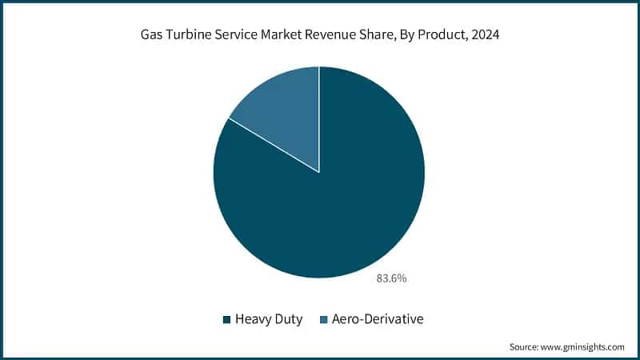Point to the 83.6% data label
tap(391, 279)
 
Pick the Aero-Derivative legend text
tap(376, 319)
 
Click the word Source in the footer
tap(524, 346)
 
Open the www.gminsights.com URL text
tap(584, 346)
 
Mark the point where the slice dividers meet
tap(319, 172)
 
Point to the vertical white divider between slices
tap(319, 120)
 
